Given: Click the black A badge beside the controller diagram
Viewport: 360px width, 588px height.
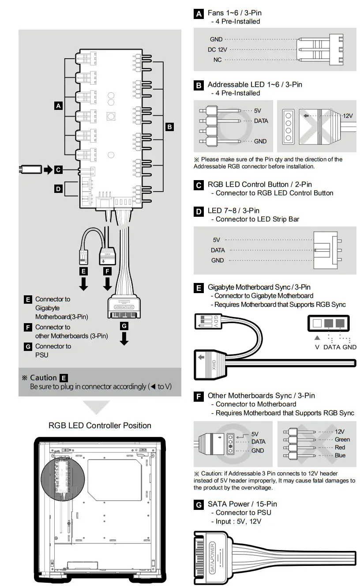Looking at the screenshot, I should point(58,106).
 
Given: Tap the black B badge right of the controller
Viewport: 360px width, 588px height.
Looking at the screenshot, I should point(169,127).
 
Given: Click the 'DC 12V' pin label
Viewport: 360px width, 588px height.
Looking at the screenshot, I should point(217,50).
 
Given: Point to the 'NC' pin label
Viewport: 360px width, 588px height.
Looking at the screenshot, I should point(217,60).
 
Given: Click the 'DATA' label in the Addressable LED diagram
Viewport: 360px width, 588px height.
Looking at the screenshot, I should point(261,121).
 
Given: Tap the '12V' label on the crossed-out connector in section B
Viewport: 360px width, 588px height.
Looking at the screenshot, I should point(348,116).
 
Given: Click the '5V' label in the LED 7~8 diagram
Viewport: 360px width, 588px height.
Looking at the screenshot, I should point(216,240).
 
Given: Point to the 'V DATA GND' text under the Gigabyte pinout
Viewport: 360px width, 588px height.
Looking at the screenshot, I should point(333,347).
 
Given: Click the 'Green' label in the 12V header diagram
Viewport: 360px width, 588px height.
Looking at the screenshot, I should point(342,440).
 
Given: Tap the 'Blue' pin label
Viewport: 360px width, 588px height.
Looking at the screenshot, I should point(340,456).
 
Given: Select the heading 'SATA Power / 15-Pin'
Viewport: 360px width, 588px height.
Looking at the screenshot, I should point(242,504).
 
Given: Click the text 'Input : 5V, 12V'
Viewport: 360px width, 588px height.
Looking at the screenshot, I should point(238,521).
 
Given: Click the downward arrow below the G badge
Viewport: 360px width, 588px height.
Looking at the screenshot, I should point(124,338).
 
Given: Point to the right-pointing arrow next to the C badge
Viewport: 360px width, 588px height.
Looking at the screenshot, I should point(47,169).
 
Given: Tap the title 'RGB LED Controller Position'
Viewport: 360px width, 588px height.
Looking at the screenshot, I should point(100,426).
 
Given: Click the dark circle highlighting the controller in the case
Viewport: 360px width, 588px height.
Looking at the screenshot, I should point(62,477).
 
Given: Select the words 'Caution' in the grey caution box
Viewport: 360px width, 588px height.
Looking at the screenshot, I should point(43,378).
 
